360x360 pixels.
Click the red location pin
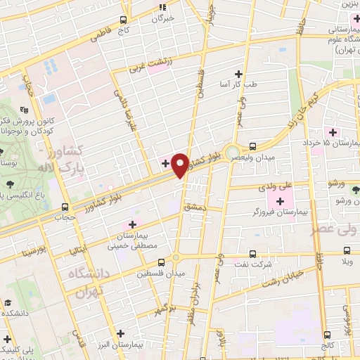180,165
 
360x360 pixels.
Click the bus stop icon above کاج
124,20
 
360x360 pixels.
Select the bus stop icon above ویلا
346,250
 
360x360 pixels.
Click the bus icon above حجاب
65,207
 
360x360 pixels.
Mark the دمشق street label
193,208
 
